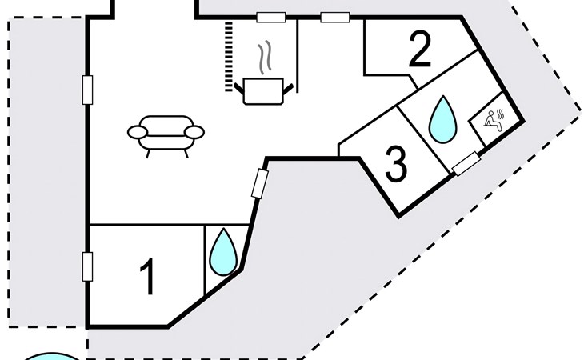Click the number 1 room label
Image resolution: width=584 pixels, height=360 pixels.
(146, 278)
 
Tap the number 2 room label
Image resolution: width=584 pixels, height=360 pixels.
(420, 50)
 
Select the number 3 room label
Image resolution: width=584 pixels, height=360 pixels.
(396, 164)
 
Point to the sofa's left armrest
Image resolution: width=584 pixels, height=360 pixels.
(138, 132)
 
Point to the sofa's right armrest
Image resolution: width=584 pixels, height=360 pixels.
(196, 132)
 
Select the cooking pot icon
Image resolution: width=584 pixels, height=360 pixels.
(263, 89)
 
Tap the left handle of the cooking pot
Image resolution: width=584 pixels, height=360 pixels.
(241, 83)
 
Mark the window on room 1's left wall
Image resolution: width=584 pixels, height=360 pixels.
(87, 266)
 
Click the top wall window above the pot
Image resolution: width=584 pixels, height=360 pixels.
(270, 17)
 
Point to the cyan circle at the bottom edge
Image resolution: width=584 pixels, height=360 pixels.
(53, 356)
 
